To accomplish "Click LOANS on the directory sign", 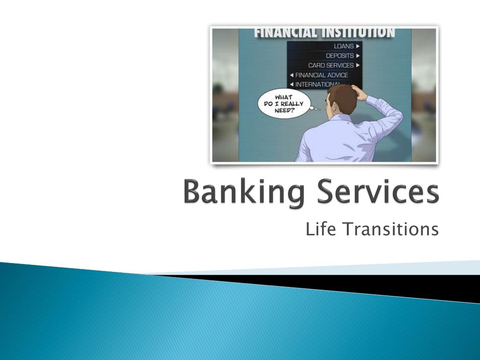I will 344,46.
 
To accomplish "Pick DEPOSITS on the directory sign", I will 340,55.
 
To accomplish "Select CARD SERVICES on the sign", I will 331,65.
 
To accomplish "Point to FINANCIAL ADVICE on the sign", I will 322,75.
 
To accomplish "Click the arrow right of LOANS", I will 358,46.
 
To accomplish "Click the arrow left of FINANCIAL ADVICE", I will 291,75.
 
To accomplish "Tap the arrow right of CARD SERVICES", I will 358,65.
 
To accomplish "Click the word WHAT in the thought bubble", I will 283,97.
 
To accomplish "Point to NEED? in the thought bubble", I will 283,111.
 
